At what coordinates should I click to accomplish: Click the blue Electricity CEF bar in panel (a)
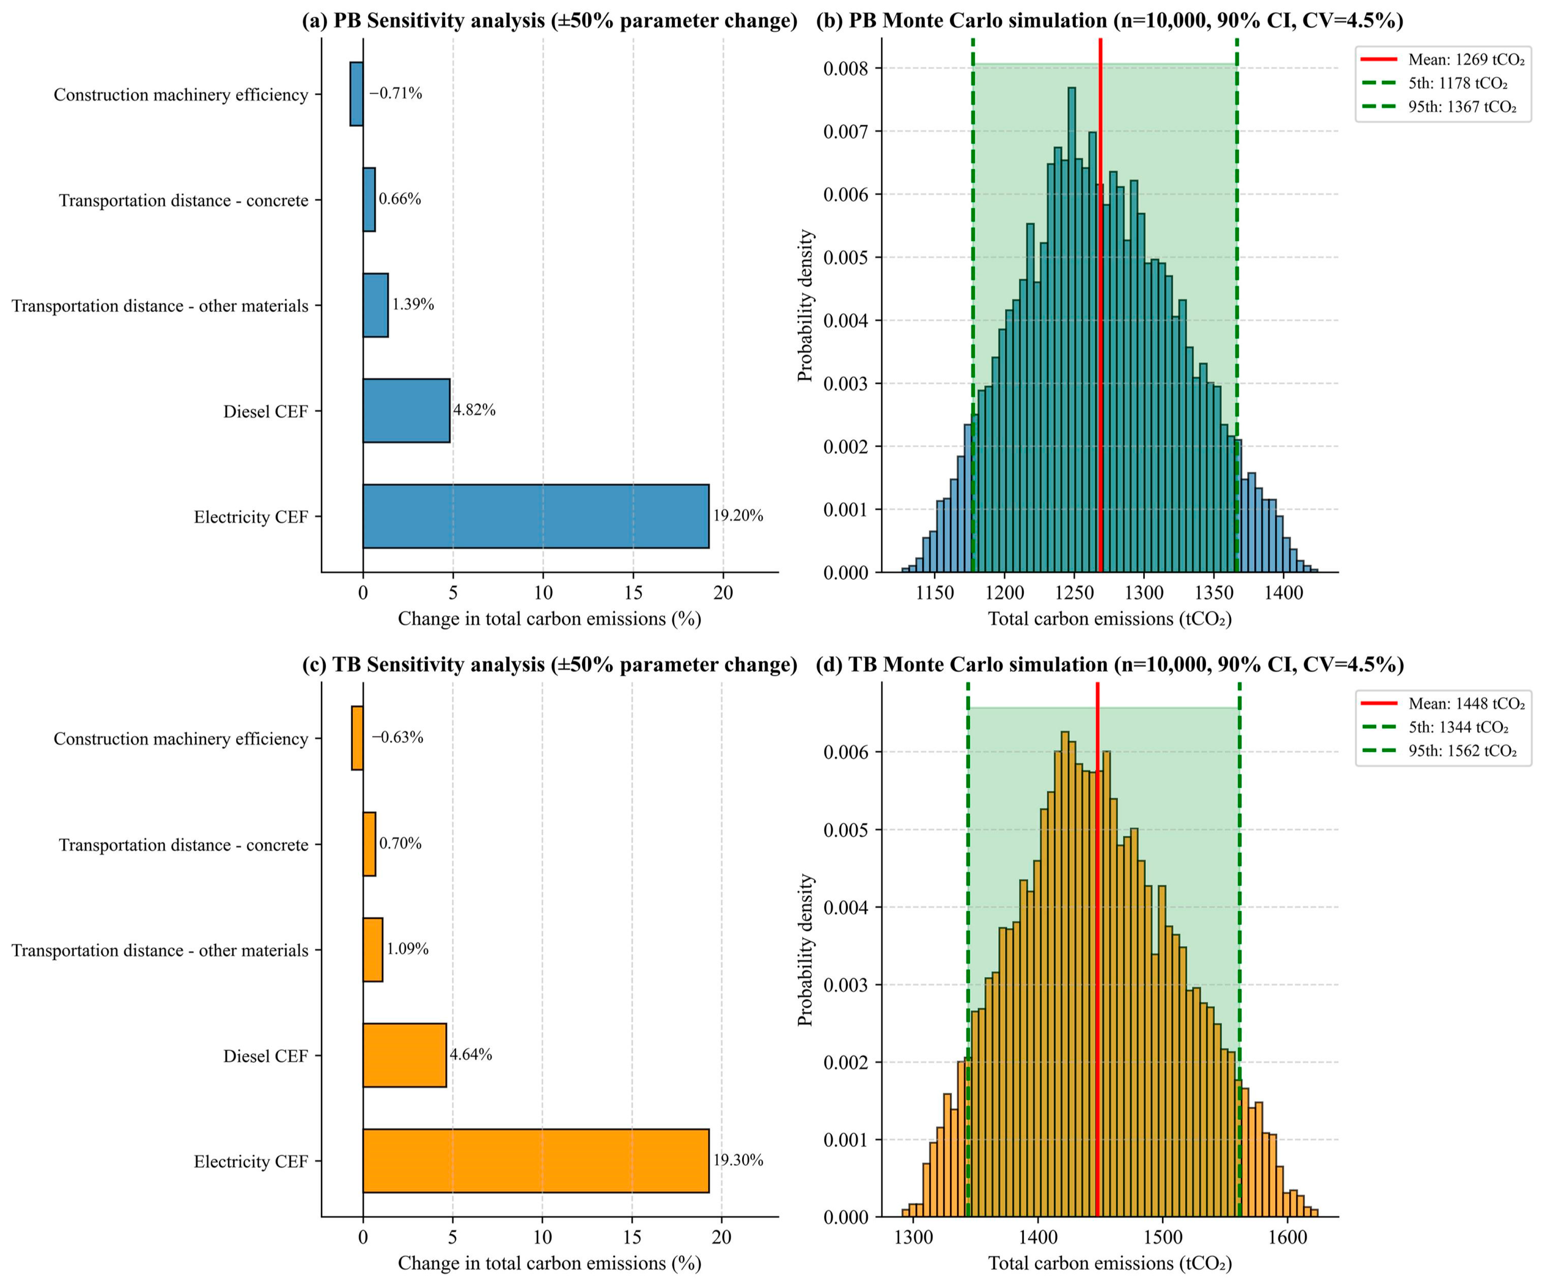(536, 516)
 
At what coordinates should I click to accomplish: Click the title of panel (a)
(550, 20)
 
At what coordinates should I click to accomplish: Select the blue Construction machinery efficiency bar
(356, 94)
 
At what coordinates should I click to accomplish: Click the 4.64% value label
(471, 1055)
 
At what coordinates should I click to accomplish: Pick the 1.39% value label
(413, 304)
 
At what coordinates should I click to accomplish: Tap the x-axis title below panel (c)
(550, 1263)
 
